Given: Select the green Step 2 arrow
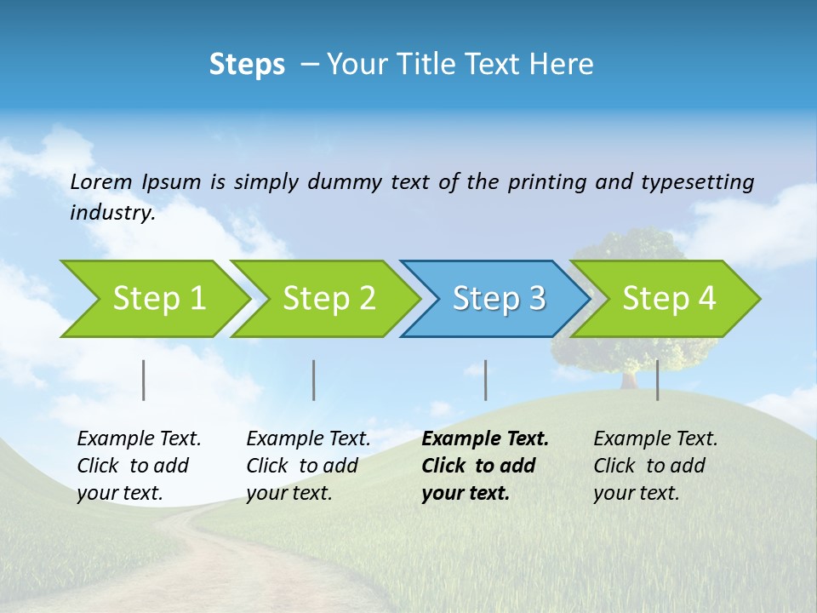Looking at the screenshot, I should (x=327, y=299).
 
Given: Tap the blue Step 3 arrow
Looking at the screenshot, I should (x=497, y=299).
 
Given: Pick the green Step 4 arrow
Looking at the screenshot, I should (x=667, y=299).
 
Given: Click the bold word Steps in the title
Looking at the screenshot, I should (x=247, y=65).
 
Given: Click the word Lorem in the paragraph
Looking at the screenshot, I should (x=101, y=181).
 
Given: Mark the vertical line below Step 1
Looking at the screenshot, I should (x=144, y=380).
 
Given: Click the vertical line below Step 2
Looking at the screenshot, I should (x=314, y=380).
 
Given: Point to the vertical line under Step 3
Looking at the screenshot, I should (x=486, y=380).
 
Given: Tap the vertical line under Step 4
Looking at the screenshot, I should (x=658, y=380).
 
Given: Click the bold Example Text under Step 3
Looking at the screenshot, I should (x=485, y=439).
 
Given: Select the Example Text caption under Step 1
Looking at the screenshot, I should (x=139, y=439).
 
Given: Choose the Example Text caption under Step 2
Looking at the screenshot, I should (x=308, y=439).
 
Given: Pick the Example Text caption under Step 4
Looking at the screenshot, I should (x=655, y=439).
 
